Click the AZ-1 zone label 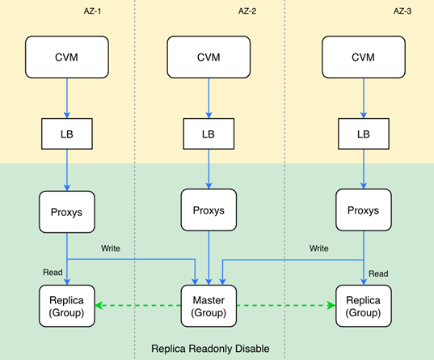click(x=92, y=11)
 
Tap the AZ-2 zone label click(x=247, y=11)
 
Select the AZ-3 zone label click(x=402, y=11)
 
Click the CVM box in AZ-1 click(x=67, y=57)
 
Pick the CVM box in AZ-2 click(x=209, y=57)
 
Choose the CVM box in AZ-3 click(x=364, y=57)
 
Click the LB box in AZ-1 click(x=67, y=133)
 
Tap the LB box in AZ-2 click(x=209, y=133)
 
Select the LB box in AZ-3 click(x=364, y=133)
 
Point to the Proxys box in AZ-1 click(x=67, y=212)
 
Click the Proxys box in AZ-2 click(x=209, y=210)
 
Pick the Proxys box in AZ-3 click(x=364, y=210)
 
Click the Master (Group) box click(x=209, y=306)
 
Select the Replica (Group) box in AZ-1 click(x=67, y=306)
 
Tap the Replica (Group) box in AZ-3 click(x=364, y=306)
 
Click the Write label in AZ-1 click(x=111, y=248)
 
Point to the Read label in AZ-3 click(x=378, y=273)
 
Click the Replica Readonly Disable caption click(x=210, y=349)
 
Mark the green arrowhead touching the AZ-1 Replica click(x=99, y=306)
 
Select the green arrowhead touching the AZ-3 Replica click(x=331, y=306)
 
